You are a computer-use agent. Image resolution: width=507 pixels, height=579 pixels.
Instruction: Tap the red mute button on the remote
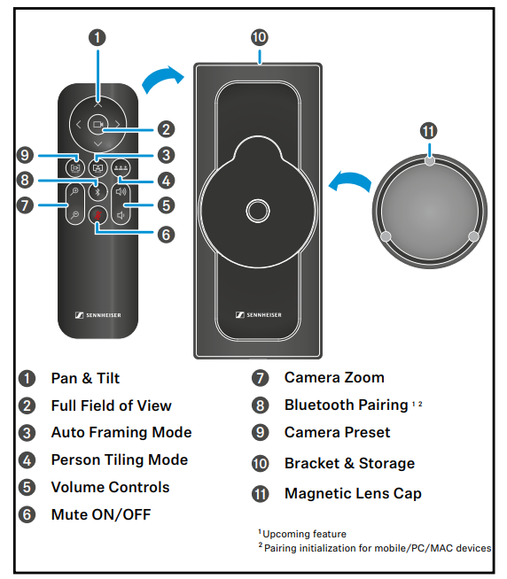point(98,215)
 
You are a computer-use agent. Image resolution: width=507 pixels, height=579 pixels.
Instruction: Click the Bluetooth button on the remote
point(98,191)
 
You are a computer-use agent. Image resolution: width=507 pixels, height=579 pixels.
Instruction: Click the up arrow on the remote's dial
point(98,105)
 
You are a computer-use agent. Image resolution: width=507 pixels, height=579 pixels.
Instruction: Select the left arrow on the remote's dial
point(78,125)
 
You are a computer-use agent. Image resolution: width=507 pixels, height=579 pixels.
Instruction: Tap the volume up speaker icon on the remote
point(121,191)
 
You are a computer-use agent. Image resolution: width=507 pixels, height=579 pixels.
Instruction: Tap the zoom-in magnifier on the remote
point(75,191)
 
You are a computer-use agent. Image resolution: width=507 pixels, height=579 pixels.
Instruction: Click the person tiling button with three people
point(121,168)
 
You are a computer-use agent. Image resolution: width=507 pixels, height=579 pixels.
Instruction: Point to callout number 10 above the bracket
point(260,37)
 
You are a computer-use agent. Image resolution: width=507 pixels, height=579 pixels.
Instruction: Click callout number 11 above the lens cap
point(429,131)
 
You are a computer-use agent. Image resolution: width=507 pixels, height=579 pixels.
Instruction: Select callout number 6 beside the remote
point(166,235)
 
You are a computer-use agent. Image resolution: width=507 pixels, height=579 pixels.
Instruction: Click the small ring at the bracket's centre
point(258,211)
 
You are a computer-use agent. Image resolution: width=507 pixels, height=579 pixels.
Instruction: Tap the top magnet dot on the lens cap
point(429,161)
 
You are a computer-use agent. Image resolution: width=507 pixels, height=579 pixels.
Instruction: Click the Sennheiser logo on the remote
point(98,315)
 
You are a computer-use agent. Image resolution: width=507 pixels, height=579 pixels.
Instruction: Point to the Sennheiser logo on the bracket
point(259,314)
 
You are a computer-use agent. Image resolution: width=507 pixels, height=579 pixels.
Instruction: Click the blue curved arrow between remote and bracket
point(161,78)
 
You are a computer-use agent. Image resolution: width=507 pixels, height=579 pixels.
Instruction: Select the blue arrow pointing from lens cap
point(350,181)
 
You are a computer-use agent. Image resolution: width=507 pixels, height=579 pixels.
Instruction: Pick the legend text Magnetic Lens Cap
point(353,494)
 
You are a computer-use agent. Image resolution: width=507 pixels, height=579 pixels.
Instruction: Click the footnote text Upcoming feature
point(304,534)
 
